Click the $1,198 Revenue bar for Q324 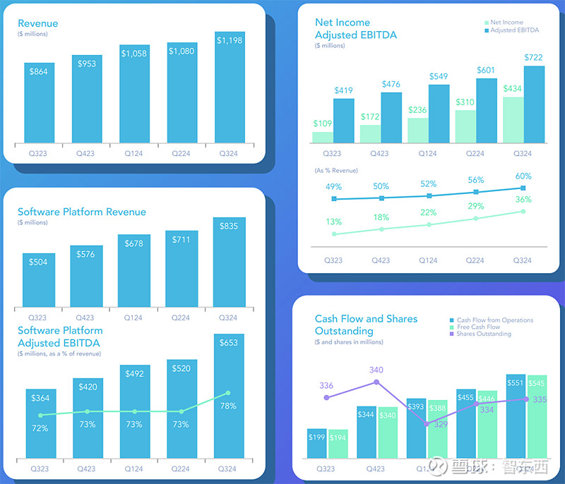[x=230, y=88]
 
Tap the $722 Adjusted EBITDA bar [x=534, y=104]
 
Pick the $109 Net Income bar [x=323, y=138]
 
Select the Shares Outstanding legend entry [x=483, y=334]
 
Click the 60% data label [x=523, y=176]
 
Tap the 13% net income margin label [x=334, y=222]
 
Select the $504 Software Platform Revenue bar [x=39, y=279]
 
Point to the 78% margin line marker [x=228, y=393]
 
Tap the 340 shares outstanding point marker [x=376, y=382]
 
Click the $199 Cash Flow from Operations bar [x=316, y=444]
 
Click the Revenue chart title [x=38, y=23]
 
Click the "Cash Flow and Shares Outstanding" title [x=366, y=325]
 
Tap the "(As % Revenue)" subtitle [x=336, y=171]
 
